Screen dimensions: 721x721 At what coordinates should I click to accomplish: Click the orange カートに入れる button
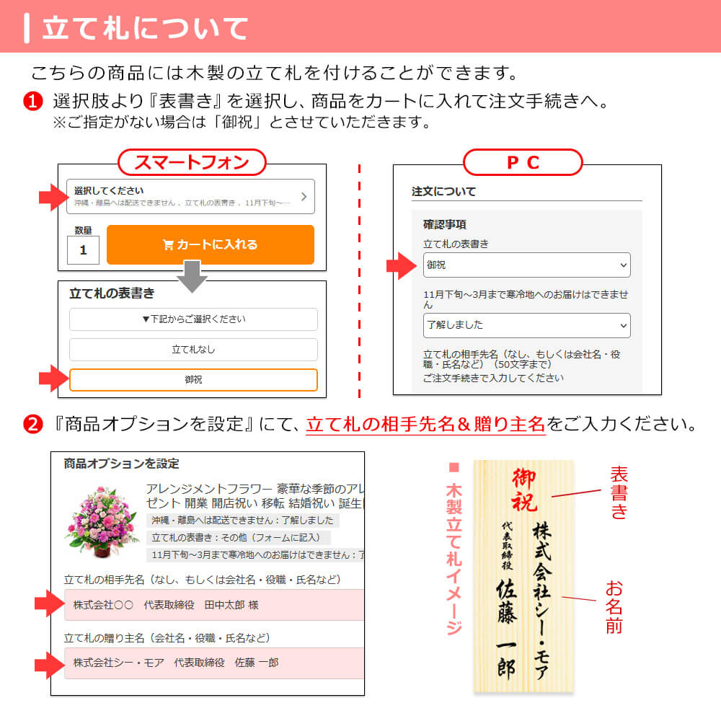pyautogui.click(x=211, y=244)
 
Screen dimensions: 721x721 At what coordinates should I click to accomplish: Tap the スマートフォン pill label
pyautogui.click(x=192, y=162)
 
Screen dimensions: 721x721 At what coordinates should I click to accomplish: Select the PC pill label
pyautogui.click(x=522, y=162)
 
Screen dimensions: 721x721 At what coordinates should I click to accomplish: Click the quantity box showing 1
pyautogui.click(x=84, y=250)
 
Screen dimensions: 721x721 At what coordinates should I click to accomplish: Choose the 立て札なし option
pyautogui.click(x=193, y=350)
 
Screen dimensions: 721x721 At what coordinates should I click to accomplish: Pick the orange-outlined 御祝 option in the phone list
pyautogui.click(x=193, y=380)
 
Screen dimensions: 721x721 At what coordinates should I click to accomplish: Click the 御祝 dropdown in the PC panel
pyautogui.click(x=526, y=265)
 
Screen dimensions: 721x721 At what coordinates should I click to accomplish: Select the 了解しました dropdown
pyautogui.click(x=526, y=325)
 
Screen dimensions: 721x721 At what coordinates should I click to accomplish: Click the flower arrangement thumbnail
pyautogui.click(x=101, y=521)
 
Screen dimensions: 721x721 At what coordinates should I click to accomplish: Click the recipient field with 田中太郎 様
pyautogui.click(x=213, y=605)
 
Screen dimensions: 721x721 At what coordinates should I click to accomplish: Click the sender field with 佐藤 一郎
pyautogui.click(x=213, y=663)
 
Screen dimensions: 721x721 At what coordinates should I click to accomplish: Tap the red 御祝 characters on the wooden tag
pyautogui.click(x=525, y=489)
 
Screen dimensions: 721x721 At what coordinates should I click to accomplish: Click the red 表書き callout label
pyautogui.click(x=619, y=493)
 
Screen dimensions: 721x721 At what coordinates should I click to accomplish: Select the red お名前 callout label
pyautogui.click(x=614, y=606)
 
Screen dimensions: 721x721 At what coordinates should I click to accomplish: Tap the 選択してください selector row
pyautogui.click(x=191, y=196)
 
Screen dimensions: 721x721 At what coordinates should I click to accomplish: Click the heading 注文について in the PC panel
pyautogui.click(x=443, y=192)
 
